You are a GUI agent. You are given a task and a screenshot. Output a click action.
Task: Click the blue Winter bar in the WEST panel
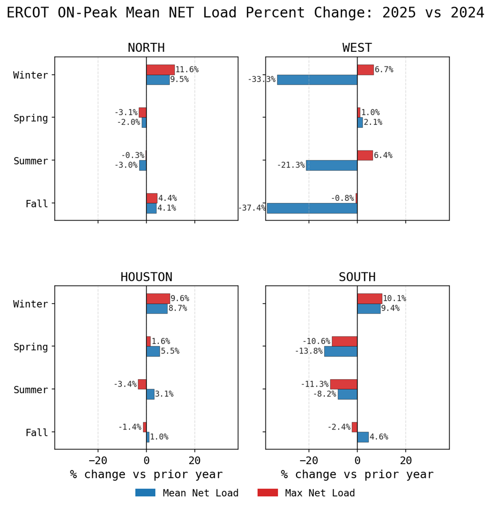point(317,80)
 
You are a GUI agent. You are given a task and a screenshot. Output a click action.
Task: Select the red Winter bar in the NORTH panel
point(160,69)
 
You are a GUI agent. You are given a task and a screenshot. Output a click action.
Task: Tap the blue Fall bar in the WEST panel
point(312,208)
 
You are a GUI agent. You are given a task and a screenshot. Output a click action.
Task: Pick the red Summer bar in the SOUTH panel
point(343,384)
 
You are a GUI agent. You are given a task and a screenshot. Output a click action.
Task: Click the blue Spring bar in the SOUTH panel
point(340,351)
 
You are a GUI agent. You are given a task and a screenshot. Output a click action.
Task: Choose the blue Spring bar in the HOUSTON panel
point(153,351)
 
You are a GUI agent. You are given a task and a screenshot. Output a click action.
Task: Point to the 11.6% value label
point(187,69)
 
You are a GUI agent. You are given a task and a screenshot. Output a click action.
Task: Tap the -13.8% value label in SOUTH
point(309,351)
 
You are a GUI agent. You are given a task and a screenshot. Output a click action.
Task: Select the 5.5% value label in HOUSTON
point(170,351)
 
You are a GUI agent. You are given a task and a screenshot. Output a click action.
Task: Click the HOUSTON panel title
point(146,277)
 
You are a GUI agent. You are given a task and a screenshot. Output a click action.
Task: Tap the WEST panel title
point(357,48)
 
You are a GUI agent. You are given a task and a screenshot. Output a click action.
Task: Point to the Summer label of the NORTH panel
point(31,161)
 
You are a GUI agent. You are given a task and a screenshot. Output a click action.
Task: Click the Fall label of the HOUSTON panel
point(37,432)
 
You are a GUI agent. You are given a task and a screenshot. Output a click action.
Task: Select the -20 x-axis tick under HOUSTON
point(98,460)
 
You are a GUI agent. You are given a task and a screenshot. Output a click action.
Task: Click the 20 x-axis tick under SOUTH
point(406,460)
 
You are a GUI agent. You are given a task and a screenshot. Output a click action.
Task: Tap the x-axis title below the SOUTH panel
point(357,474)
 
